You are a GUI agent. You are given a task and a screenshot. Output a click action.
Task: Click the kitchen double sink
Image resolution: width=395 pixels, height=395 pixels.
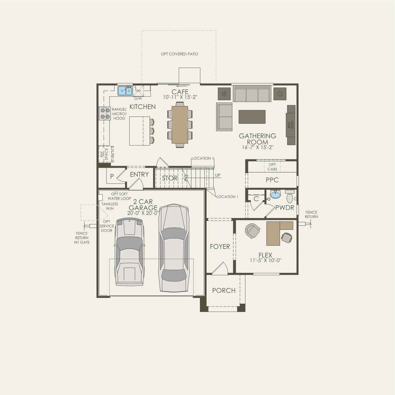tap(125, 91)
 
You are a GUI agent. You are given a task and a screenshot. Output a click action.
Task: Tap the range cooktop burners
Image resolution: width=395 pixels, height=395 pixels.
tap(104, 113)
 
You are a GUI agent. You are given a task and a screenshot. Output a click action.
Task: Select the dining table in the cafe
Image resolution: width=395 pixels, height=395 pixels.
tap(180, 124)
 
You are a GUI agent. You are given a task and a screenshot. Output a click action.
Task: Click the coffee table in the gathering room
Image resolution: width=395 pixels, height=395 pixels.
tap(252, 116)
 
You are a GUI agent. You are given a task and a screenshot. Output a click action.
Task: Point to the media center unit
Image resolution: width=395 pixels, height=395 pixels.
tap(291, 125)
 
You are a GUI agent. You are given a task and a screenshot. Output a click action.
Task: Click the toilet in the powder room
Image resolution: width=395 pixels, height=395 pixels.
tap(290, 197)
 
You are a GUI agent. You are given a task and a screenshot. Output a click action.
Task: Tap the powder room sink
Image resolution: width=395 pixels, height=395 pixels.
tap(275, 194)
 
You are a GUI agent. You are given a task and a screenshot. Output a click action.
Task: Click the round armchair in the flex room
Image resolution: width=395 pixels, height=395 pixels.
tap(253, 231)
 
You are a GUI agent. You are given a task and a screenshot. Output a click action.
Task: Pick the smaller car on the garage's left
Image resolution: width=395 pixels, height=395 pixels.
tap(130, 251)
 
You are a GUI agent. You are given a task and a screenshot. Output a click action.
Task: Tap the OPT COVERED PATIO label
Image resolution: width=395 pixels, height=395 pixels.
tap(180, 54)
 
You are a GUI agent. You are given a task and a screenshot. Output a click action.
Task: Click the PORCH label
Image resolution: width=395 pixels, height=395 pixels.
tap(224, 291)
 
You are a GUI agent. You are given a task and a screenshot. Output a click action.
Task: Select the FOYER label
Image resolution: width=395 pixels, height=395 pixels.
tap(220, 247)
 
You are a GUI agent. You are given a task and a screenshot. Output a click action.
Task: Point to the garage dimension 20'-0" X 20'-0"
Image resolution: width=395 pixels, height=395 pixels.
tap(143, 213)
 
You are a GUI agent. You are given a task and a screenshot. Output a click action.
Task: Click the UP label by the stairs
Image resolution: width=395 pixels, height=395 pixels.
tap(217, 175)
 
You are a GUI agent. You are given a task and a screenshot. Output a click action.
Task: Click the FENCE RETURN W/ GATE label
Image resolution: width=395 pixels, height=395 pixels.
tap(82, 238)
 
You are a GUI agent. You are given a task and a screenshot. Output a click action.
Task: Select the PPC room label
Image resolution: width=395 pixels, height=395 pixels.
tap(272, 180)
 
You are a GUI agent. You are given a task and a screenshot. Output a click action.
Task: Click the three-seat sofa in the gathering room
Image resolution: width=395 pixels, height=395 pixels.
tap(252, 94)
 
